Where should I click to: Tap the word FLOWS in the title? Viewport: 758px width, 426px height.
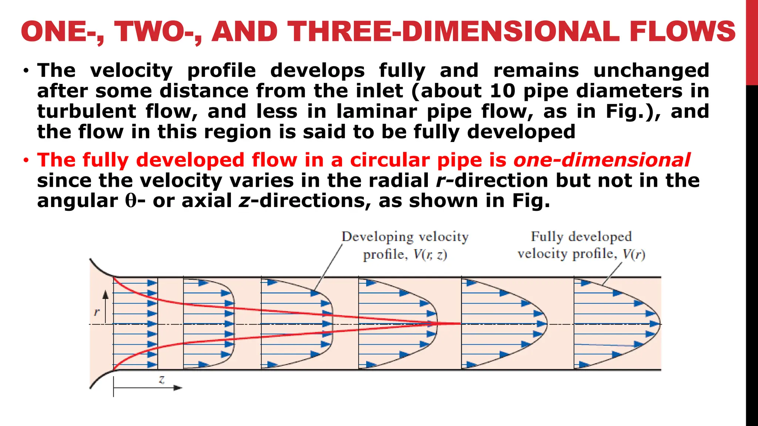click(682, 31)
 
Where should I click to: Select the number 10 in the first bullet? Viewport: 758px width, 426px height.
click(502, 91)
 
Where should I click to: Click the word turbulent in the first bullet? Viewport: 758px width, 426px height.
click(87, 111)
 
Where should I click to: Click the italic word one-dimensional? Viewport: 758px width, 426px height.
click(601, 160)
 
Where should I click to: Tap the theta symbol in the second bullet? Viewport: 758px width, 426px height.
click(131, 201)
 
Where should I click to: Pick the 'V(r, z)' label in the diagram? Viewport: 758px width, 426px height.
click(430, 255)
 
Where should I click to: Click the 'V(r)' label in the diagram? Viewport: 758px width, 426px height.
click(634, 254)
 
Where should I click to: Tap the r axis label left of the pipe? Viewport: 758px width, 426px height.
click(97, 312)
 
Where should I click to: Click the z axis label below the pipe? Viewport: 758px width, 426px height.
click(162, 379)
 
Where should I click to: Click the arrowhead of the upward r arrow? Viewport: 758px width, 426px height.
click(106, 294)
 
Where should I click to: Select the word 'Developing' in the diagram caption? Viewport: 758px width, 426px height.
click(377, 237)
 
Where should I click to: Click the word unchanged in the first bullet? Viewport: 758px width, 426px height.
click(651, 71)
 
